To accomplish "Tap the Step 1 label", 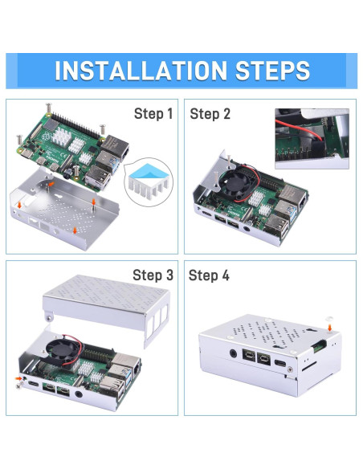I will [x=153, y=114].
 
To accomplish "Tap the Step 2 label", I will [x=210, y=114].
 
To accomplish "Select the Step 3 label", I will [x=153, y=275].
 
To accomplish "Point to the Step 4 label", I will [x=210, y=275].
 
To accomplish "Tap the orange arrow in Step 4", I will [x=329, y=331].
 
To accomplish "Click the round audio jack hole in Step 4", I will [x=233, y=353].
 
